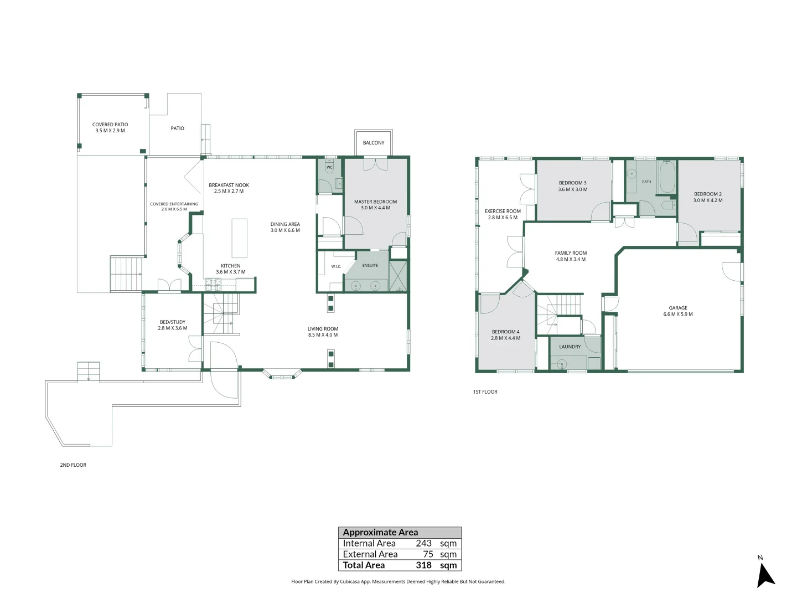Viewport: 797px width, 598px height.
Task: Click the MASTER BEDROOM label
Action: [375, 202]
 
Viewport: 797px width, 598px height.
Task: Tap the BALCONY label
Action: [373, 143]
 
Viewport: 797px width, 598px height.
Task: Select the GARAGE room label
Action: [677, 307]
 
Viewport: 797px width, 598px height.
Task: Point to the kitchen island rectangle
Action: [239, 238]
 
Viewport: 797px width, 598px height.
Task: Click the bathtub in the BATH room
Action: [667, 177]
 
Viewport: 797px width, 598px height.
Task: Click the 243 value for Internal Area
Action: [423, 543]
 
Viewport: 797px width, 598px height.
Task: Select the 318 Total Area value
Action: [423, 565]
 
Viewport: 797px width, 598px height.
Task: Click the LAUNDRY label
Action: [570, 347]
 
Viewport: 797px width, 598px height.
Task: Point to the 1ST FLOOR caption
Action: [485, 392]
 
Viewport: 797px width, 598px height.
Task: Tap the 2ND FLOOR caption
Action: [73, 465]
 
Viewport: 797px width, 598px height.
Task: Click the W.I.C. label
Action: [336, 266]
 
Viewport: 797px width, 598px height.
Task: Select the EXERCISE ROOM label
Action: [503, 211]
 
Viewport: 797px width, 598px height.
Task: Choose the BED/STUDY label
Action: [173, 322]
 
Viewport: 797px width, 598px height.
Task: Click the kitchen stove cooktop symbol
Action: [213, 284]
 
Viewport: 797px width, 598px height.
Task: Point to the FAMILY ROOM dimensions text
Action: [571, 259]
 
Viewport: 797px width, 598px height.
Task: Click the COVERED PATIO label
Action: [110, 124]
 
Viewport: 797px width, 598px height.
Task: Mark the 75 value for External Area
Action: [428, 554]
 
